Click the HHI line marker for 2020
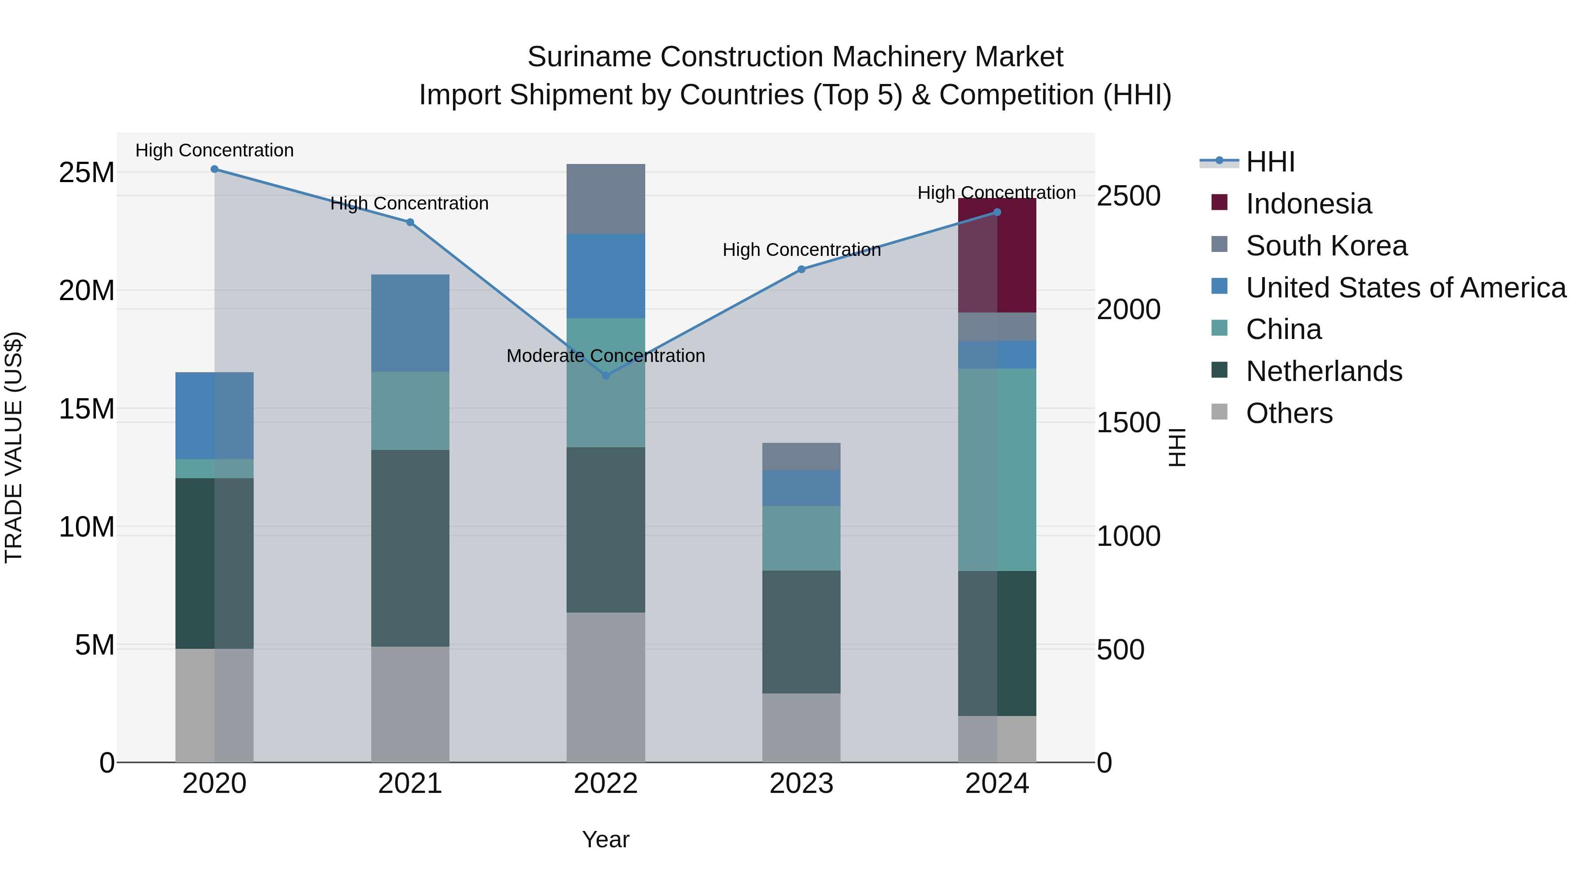pyautogui.click(x=214, y=169)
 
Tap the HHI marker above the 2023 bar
pyautogui.click(x=801, y=269)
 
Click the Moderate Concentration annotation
pyautogui.click(x=605, y=356)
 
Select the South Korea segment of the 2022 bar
pyautogui.click(x=605, y=199)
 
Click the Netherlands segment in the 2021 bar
pyautogui.click(x=410, y=548)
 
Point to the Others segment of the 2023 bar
pyautogui.click(x=801, y=727)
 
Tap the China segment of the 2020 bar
pyautogui.click(x=214, y=469)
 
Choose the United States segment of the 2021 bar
pyautogui.click(x=410, y=323)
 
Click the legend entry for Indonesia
pyautogui.click(x=1308, y=204)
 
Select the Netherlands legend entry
pyautogui.click(x=1324, y=371)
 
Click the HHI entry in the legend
pyautogui.click(x=1270, y=162)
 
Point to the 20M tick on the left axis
pyautogui.click(x=87, y=290)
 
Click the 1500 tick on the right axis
pyautogui.click(x=1128, y=423)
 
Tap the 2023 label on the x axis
pyautogui.click(x=801, y=784)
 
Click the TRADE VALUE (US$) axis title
pyautogui.click(x=14, y=447)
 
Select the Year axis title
pyautogui.click(x=605, y=839)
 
